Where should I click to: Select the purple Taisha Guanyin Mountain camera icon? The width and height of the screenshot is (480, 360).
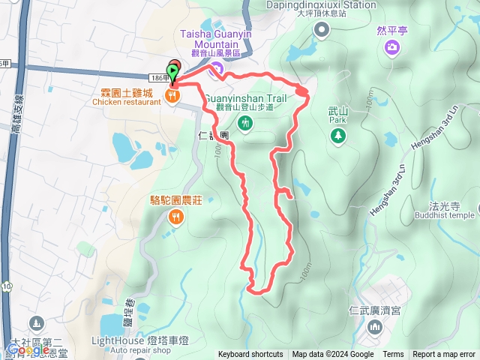(217, 70)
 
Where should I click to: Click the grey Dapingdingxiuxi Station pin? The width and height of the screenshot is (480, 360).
(322, 30)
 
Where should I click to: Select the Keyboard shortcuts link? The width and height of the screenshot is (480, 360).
(250, 355)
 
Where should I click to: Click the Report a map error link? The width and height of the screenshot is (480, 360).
(443, 355)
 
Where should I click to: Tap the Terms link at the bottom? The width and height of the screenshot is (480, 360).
(393, 355)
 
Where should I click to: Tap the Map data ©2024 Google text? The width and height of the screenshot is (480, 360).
(333, 355)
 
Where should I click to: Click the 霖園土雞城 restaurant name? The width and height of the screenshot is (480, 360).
(127, 93)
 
